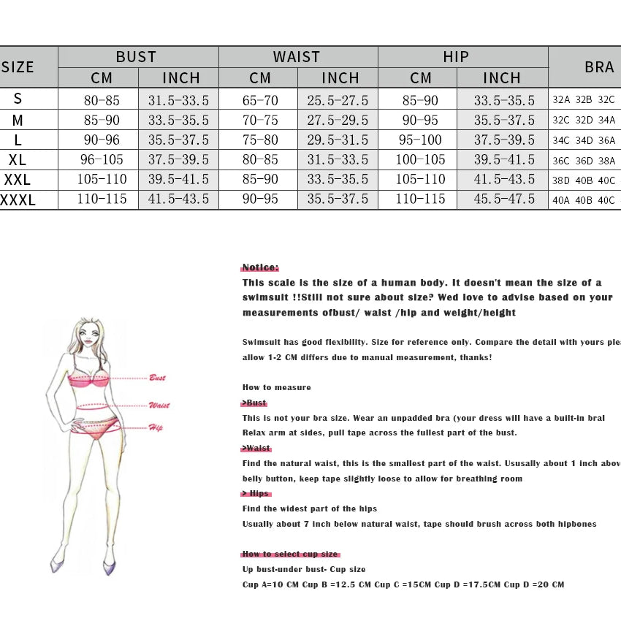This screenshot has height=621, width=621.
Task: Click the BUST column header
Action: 137,57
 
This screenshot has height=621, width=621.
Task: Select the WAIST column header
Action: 297,57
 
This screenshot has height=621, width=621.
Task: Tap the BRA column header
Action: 599,67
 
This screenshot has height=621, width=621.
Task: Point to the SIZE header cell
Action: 18,67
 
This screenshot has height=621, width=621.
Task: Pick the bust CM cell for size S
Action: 102,100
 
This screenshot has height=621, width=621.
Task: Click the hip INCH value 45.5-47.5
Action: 504,199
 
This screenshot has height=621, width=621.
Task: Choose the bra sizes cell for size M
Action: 584,121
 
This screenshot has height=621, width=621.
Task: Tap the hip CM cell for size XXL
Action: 420,179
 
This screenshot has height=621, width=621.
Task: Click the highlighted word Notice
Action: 260,267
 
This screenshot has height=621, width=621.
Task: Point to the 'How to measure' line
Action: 277,387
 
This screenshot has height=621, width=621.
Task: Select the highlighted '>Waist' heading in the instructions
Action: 256,448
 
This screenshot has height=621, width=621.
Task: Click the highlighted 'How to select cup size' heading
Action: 290,554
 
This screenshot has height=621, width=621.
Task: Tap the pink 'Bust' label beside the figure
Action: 157,378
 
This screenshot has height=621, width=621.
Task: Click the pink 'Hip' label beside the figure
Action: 156,428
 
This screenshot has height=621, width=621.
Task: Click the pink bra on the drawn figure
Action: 90,379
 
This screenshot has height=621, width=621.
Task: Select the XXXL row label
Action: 18,199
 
